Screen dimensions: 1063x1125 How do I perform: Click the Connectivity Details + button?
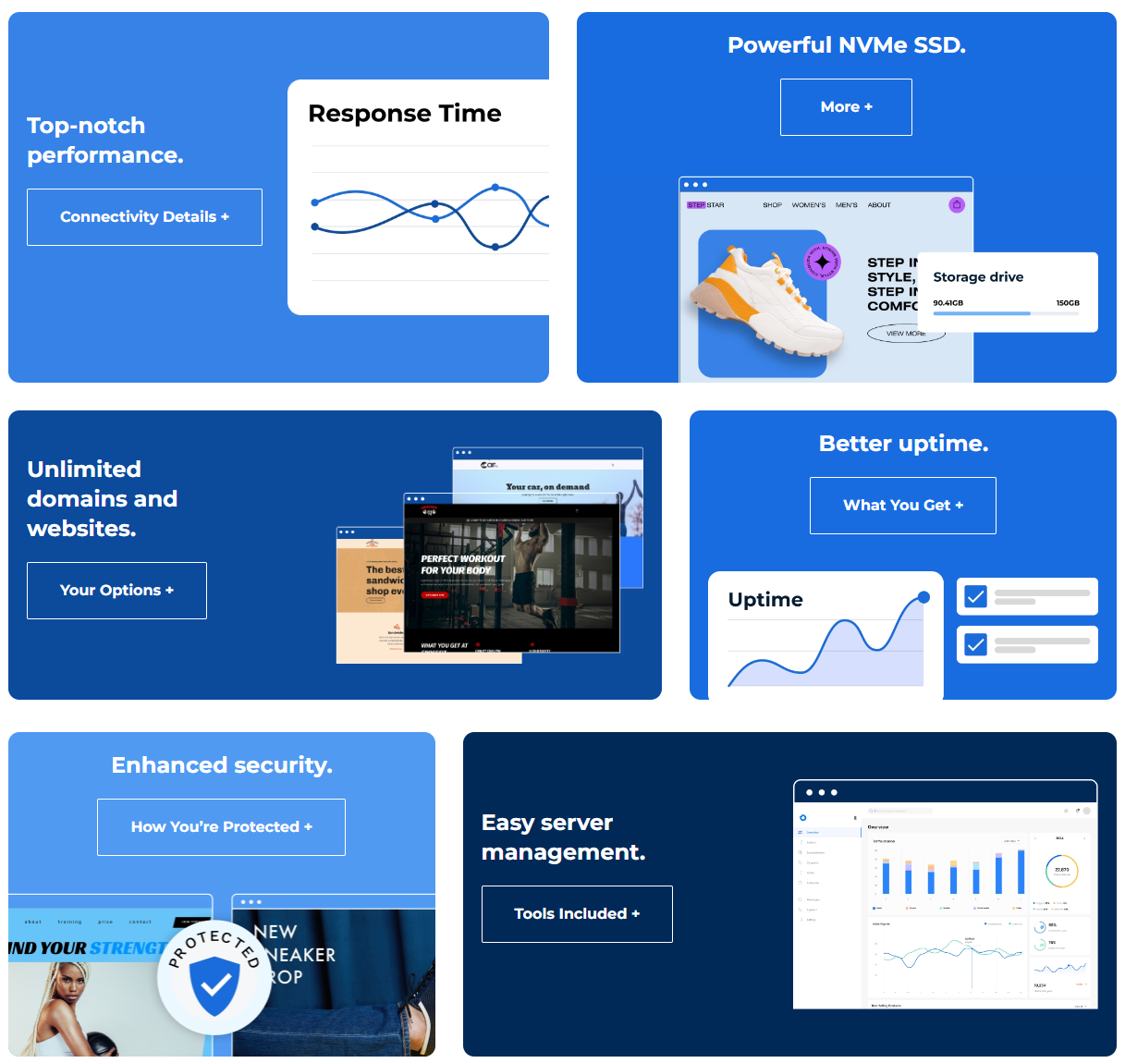(x=144, y=217)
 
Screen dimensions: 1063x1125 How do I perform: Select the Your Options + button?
(x=116, y=591)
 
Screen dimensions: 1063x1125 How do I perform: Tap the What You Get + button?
(x=902, y=506)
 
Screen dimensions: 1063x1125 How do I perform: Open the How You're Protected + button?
(x=221, y=827)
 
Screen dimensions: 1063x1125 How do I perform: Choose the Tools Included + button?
(x=577, y=914)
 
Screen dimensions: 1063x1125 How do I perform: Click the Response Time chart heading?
(x=404, y=114)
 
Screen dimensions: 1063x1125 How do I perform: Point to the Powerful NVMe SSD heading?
(x=846, y=45)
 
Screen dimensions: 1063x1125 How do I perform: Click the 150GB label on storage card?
(x=1067, y=303)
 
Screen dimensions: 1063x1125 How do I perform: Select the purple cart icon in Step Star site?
(x=957, y=204)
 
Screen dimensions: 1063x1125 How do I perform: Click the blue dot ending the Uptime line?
(x=923, y=598)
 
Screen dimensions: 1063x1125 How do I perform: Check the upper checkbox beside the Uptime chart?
(x=975, y=596)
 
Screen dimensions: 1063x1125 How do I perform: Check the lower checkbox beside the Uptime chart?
(x=975, y=644)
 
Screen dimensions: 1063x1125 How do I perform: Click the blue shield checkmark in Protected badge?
(x=214, y=985)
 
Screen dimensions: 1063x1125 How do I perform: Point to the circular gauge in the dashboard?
(x=1061, y=871)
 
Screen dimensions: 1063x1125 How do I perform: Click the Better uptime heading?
(x=903, y=444)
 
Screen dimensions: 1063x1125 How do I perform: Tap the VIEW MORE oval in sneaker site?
(x=905, y=334)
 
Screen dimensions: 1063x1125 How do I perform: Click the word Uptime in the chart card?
(x=765, y=600)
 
